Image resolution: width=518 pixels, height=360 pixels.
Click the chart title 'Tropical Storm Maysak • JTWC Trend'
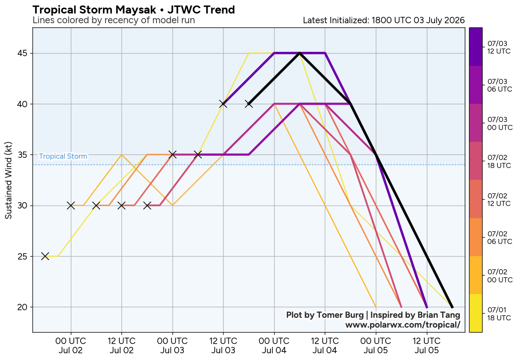(x=134, y=10)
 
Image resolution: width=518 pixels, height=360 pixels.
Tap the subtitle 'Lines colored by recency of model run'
(x=114, y=20)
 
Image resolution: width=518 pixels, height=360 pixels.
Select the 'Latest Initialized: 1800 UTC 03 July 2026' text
(x=383, y=20)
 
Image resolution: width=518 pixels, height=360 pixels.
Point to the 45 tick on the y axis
(x=22, y=54)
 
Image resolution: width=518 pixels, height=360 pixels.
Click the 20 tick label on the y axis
(x=22, y=307)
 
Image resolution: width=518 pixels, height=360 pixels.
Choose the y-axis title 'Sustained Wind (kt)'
(x=8, y=181)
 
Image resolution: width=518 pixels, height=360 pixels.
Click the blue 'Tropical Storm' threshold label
(x=63, y=157)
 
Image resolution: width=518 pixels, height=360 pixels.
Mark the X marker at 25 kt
(x=45, y=256)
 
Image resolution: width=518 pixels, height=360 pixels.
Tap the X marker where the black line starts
(x=248, y=104)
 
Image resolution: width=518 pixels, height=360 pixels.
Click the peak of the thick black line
(x=299, y=53)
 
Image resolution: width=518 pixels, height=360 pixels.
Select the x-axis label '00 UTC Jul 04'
(x=274, y=345)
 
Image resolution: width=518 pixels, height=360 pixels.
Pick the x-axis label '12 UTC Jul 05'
(x=426, y=345)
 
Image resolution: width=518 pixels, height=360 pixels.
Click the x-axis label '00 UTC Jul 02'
(x=70, y=345)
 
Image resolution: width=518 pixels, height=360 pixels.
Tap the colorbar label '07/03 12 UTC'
(x=499, y=47)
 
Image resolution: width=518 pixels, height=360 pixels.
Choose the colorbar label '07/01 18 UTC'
(x=499, y=314)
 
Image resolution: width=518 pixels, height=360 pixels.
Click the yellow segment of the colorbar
(x=476, y=313)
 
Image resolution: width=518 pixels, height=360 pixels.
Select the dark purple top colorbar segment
(x=476, y=47)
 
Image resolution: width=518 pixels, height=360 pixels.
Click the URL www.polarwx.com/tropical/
(x=402, y=325)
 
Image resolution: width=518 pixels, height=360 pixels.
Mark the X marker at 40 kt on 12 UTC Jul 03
(x=223, y=104)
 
